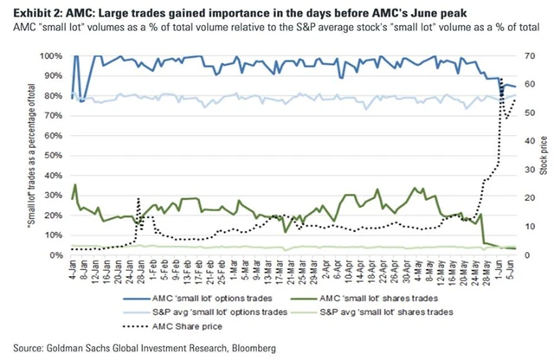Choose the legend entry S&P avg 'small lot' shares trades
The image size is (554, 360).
[x=388, y=312]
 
